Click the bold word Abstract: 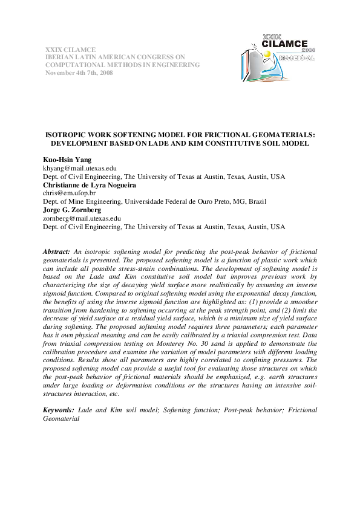(x=57, y=250)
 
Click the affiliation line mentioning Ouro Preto (x=155, y=201)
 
